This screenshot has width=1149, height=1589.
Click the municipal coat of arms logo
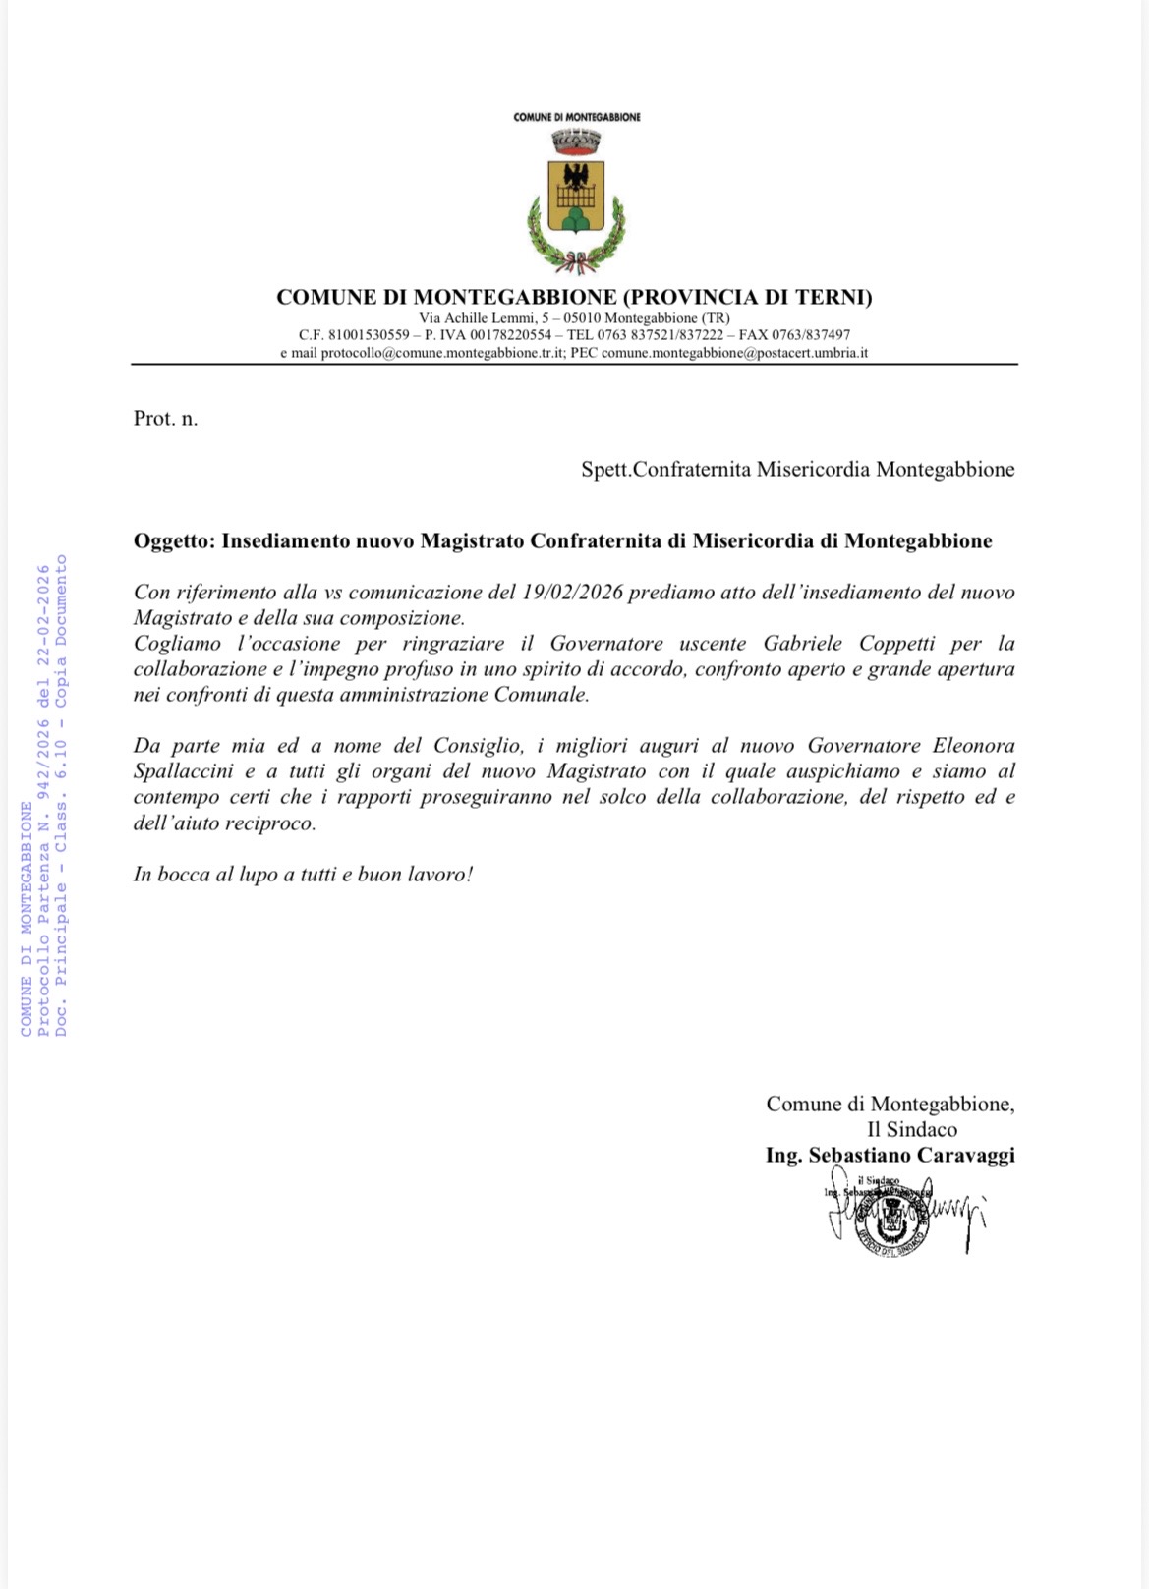pyautogui.click(x=575, y=202)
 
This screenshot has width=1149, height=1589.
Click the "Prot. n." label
pyautogui.click(x=165, y=419)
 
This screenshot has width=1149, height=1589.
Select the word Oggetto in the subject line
pyautogui.click(x=173, y=541)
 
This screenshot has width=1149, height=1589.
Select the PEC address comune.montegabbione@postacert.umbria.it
pyautogui.click(x=734, y=353)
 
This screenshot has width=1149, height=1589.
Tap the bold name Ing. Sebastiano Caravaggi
pyautogui.click(x=890, y=1156)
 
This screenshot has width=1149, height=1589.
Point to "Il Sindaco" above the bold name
pyautogui.click(x=911, y=1130)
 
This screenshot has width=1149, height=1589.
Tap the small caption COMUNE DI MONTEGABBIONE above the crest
pyautogui.click(x=577, y=117)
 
